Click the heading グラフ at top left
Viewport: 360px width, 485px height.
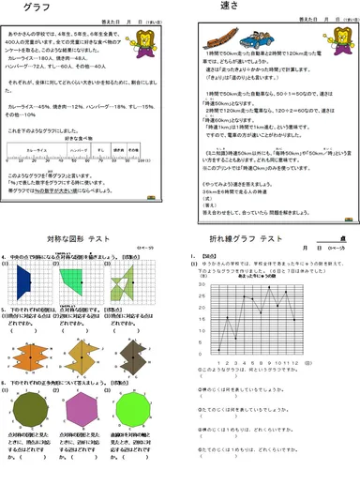point(38,8)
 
